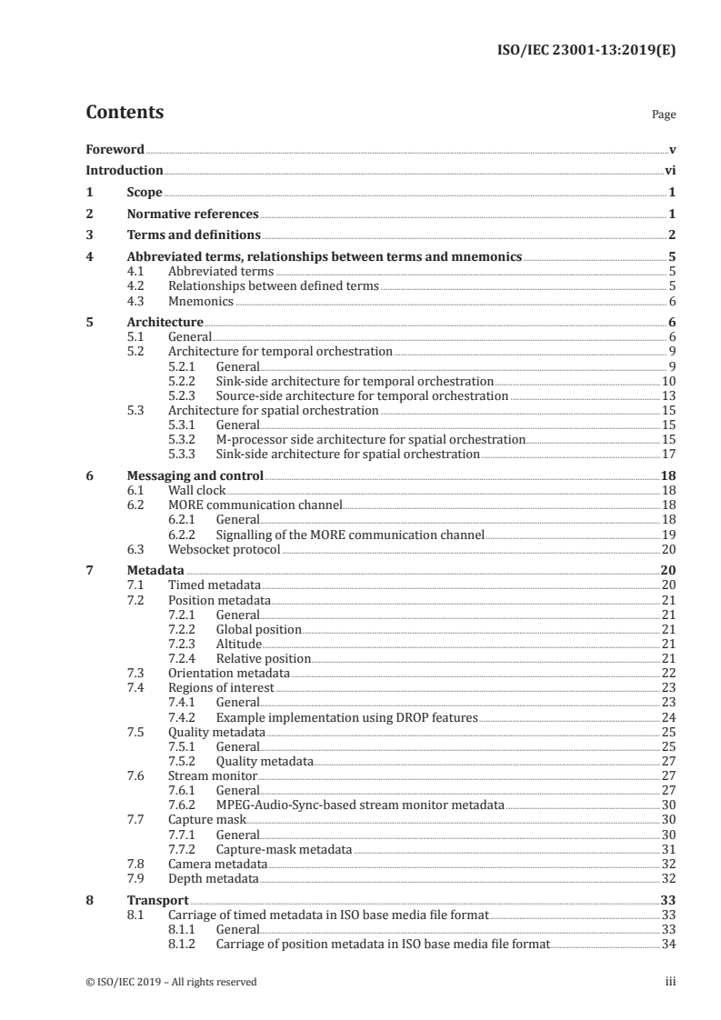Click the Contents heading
tap(125, 113)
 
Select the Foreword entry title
tap(115, 149)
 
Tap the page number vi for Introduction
tap(670, 170)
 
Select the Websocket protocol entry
tap(224, 549)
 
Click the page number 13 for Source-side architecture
tap(668, 395)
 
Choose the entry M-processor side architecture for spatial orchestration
tap(370, 439)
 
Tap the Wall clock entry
tap(196, 490)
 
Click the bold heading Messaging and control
tap(195, 475)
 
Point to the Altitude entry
tap(239, 644)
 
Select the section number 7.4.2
tap(185, 717)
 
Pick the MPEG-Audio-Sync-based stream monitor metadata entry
tap(360, 805)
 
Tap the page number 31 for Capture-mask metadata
tap(668, 849)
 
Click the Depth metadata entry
tap(213, 879)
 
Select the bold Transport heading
tap(157, 900)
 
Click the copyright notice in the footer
tap(171, 981)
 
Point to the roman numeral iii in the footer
tap(671, 981)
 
